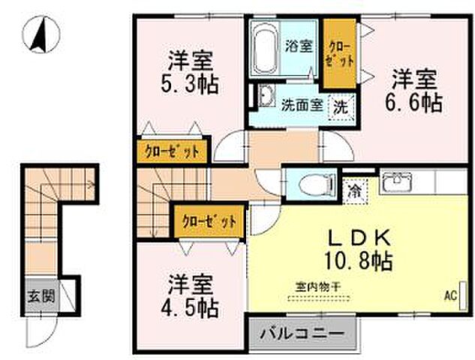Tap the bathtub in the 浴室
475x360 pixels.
pos(264,46)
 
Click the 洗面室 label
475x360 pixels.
pos(302,106)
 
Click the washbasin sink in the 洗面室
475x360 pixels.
pos(264,97)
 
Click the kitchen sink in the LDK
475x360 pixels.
pos(395,183)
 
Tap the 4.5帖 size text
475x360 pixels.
pos(191,307)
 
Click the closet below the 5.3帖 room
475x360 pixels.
pos(171,151)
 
